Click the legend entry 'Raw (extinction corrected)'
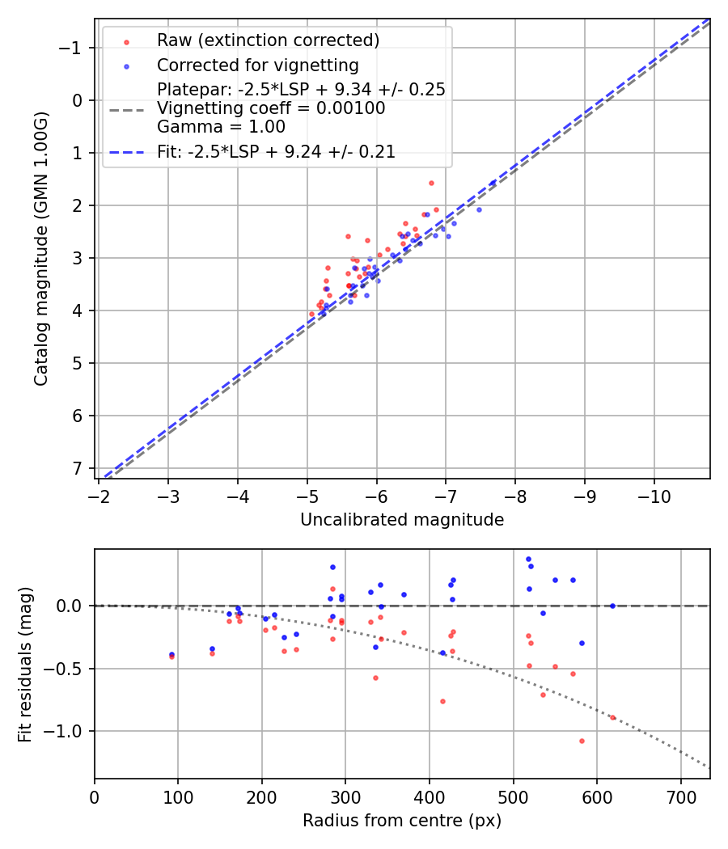point(268,40)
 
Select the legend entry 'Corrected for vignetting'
point(257,65)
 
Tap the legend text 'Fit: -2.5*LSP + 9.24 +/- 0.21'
point(276,152)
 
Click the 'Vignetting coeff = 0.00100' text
point(271,108)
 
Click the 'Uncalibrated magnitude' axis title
point(402,520)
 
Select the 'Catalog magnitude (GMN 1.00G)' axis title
point(41,248)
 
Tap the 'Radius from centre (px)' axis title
point(402,821)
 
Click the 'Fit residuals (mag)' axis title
point(25,664)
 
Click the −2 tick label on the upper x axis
point(99,496)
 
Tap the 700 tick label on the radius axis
point(680,796)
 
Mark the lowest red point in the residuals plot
point(581,741)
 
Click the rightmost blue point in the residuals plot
point(612,606)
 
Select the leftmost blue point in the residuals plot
point(171,654)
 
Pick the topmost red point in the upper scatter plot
point(431,183)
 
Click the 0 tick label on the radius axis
point(95,796)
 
